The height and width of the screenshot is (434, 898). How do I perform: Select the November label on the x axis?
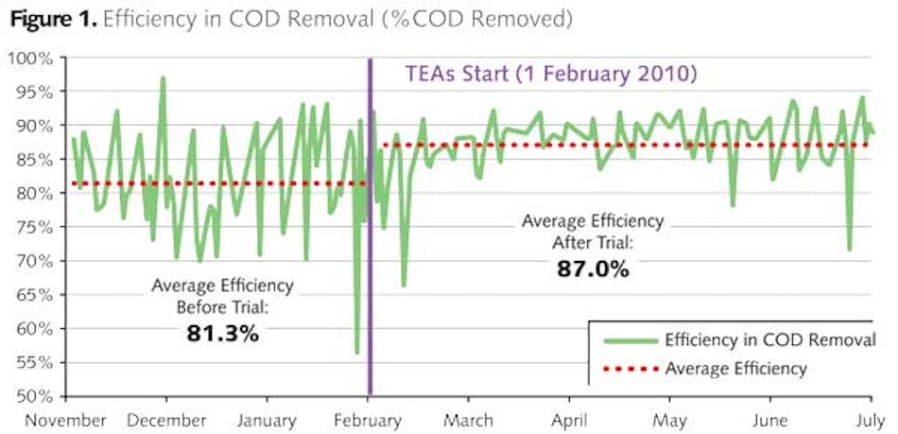[65, 419]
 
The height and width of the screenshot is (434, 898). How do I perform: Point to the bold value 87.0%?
[593, 269]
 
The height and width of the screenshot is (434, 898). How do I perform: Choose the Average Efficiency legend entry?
[735, 368]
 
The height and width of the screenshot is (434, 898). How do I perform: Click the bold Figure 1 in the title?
[47, 18]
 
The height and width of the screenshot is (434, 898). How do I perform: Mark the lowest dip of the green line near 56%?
[356, 353]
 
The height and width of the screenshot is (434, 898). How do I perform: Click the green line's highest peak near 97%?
[163, 78]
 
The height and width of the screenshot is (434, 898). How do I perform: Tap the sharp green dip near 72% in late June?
[850, 249]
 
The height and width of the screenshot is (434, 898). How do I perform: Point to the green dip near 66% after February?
[404, 285]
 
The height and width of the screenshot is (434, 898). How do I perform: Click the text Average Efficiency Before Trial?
[222, 293]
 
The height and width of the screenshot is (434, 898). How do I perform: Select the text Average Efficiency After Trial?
[593, 232]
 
